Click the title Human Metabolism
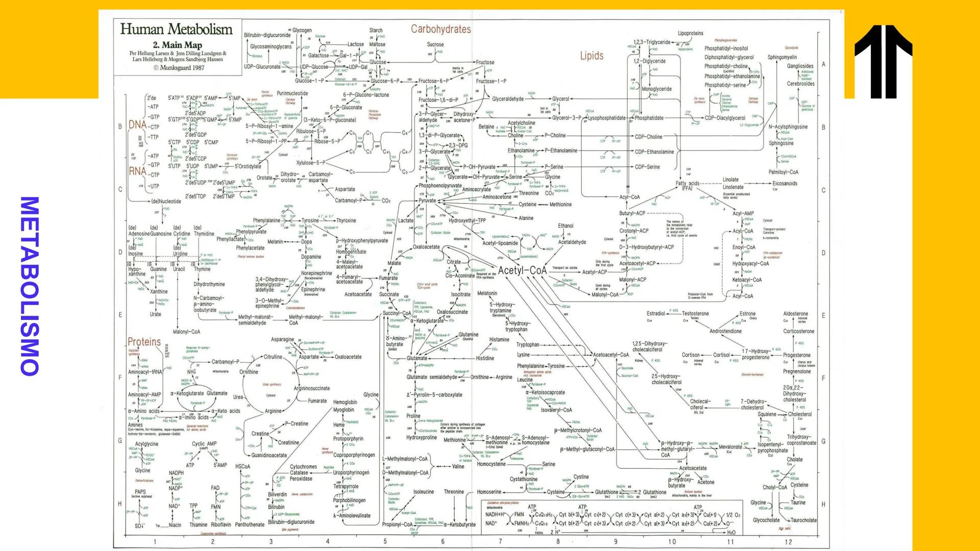click(176, 29)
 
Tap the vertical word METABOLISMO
click(29, 286)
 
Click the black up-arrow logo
click(884, 61)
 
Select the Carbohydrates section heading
click(440, 29)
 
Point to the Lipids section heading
click(592, 56)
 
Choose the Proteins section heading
click(144, 342)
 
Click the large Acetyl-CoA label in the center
click(522, 270)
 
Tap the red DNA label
click(137, 125)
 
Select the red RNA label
click(137, 171)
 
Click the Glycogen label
click(302, 31)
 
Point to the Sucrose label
click(435, 44)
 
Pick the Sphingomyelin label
click(782, 57)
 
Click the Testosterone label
click(695, 314)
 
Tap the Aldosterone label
click(795, 314)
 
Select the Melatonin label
click(487, 293)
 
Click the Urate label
click(155, 314)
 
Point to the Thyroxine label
click(346, 220)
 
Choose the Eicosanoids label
click(785, 184)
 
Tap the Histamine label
click(499, 339)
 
